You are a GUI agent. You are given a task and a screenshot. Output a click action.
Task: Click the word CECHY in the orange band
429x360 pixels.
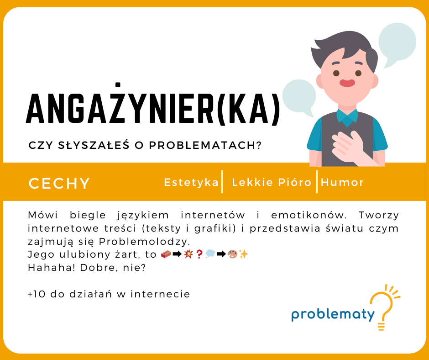click(59, 183)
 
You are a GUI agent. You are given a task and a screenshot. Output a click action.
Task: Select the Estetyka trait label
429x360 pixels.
click(191, 182)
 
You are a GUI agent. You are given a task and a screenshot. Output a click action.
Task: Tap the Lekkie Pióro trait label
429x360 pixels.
click(272, 182)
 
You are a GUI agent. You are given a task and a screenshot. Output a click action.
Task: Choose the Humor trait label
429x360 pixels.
click(342, 182)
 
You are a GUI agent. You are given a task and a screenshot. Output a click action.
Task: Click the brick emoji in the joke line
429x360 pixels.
click(166, 254)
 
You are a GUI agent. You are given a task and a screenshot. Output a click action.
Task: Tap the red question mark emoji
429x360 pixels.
click(199, 254)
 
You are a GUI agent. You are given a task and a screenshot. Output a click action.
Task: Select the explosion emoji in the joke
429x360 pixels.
click(188, 254)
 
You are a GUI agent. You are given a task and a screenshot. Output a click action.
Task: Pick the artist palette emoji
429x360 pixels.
click(232, 254)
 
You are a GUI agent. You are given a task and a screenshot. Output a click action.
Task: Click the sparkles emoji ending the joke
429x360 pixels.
click(243, 254)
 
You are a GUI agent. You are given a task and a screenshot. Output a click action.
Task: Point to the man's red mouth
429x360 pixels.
click(347, 83)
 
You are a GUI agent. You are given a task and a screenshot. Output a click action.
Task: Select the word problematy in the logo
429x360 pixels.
click(333, 314)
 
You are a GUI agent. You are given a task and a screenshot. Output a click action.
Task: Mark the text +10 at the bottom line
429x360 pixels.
click(36, 294)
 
